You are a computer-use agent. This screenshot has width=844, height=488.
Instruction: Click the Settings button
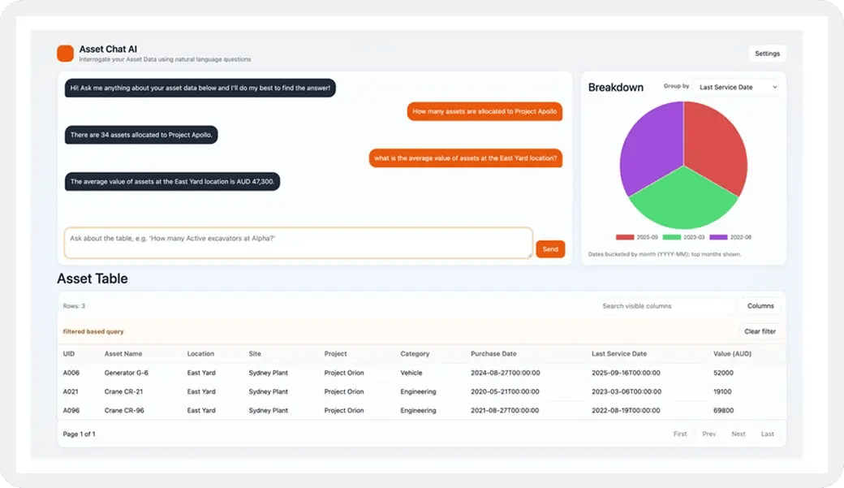pos(767,54)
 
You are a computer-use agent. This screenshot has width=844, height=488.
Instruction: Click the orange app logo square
pos(65,54)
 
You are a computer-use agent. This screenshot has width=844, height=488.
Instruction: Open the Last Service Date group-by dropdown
pos(738,87)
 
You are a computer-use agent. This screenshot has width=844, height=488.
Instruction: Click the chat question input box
pos(298,243)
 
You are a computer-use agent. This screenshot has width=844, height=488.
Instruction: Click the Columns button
pos(760,306)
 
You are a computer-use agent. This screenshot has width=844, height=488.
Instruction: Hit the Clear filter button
pos(760,331)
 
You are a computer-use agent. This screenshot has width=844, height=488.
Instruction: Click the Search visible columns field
pos(665,306)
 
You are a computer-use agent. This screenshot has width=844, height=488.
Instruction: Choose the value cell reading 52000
pos(723,373)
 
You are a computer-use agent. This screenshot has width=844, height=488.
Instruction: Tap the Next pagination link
pos(738,434)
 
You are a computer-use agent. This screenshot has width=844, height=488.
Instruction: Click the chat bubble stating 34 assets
pos(141,135)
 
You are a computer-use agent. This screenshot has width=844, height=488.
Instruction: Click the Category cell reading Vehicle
pos(411,373)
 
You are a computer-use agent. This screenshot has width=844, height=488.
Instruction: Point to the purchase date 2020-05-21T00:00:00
pos(505,391)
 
